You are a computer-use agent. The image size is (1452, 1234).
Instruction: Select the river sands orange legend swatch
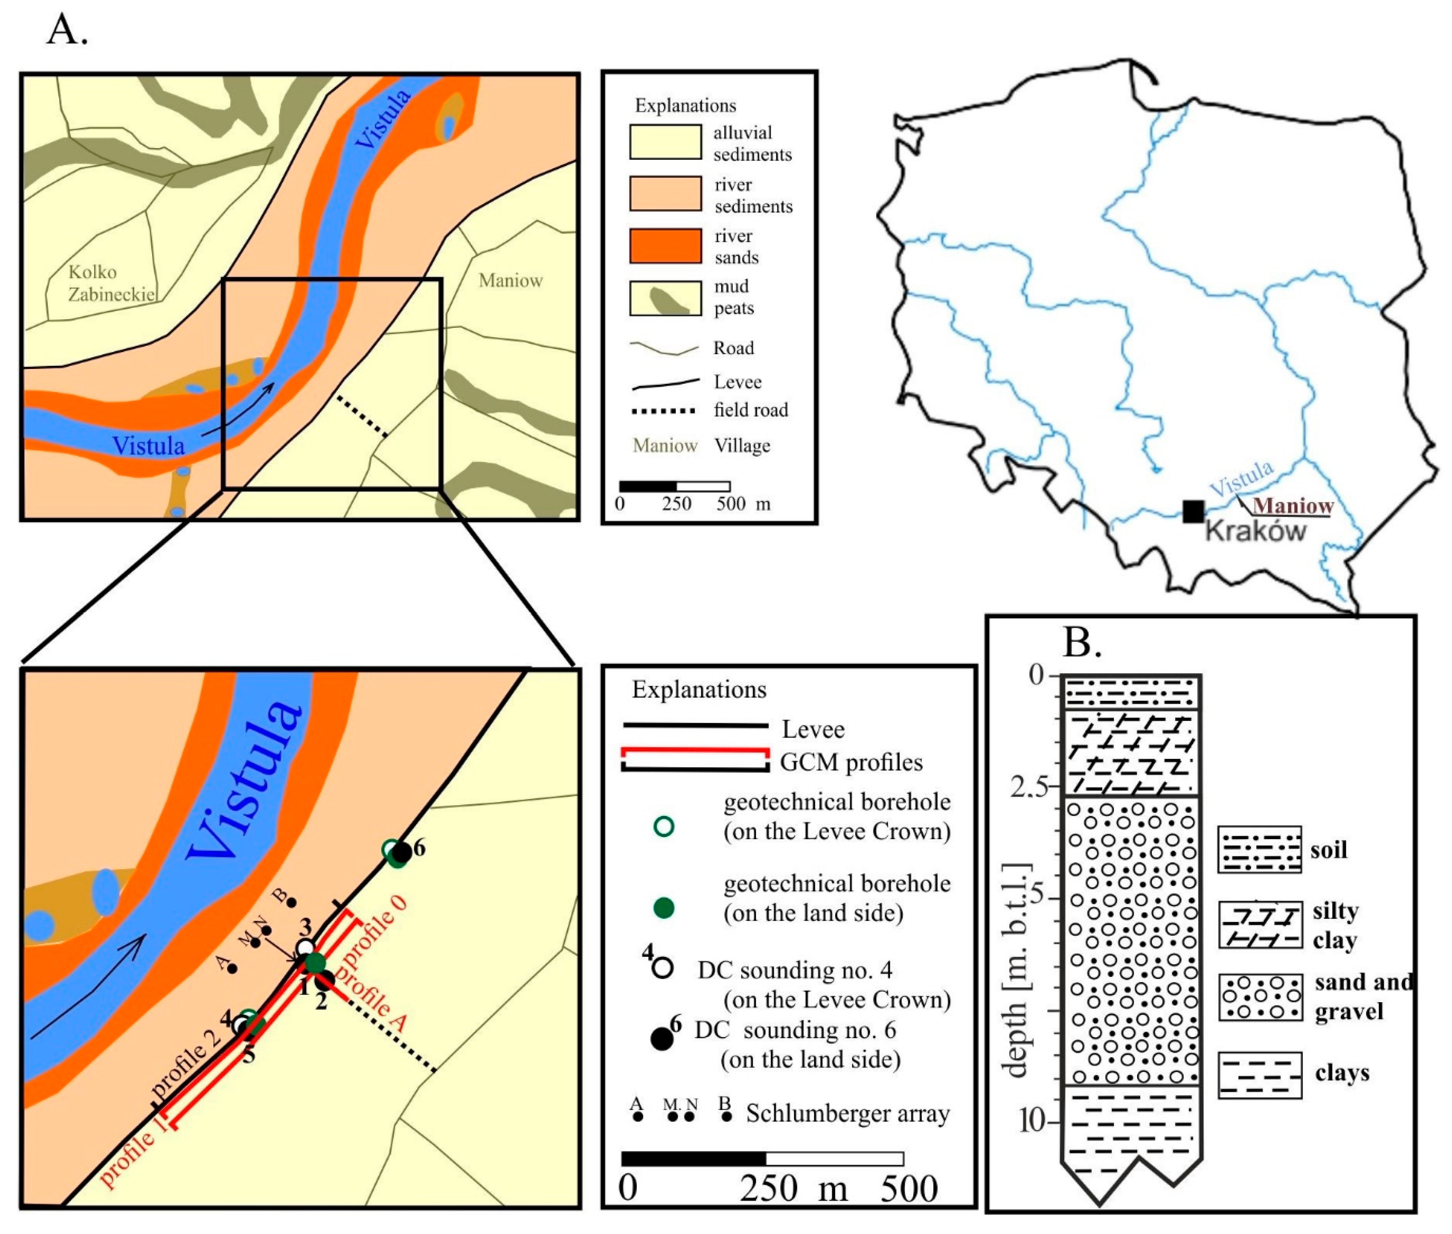tap(665, 246)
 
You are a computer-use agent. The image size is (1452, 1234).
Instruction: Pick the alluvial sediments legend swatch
tap(665, 142)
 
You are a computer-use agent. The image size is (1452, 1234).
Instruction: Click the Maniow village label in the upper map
tap(510, 281)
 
